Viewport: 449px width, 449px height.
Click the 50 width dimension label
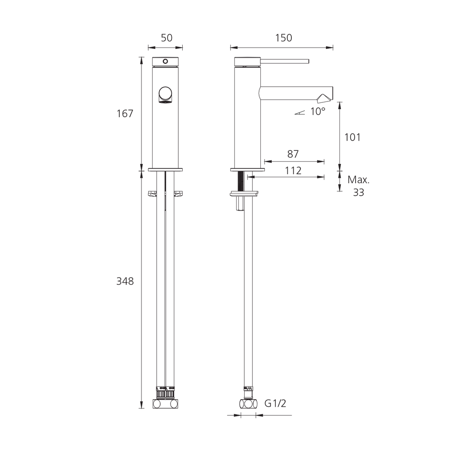point(167,38)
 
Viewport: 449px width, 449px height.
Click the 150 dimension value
point(283,38)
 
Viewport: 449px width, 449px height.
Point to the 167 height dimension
point(125,114)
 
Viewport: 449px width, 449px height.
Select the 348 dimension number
point(125,281)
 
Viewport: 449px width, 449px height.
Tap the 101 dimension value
point(352,137)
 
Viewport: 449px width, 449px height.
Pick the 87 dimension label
point(293,154)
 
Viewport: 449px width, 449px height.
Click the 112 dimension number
point(293,171)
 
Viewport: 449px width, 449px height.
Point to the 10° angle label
point(318,111)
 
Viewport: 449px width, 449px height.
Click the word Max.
point(358,180)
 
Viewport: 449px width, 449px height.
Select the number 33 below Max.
point(358,193)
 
